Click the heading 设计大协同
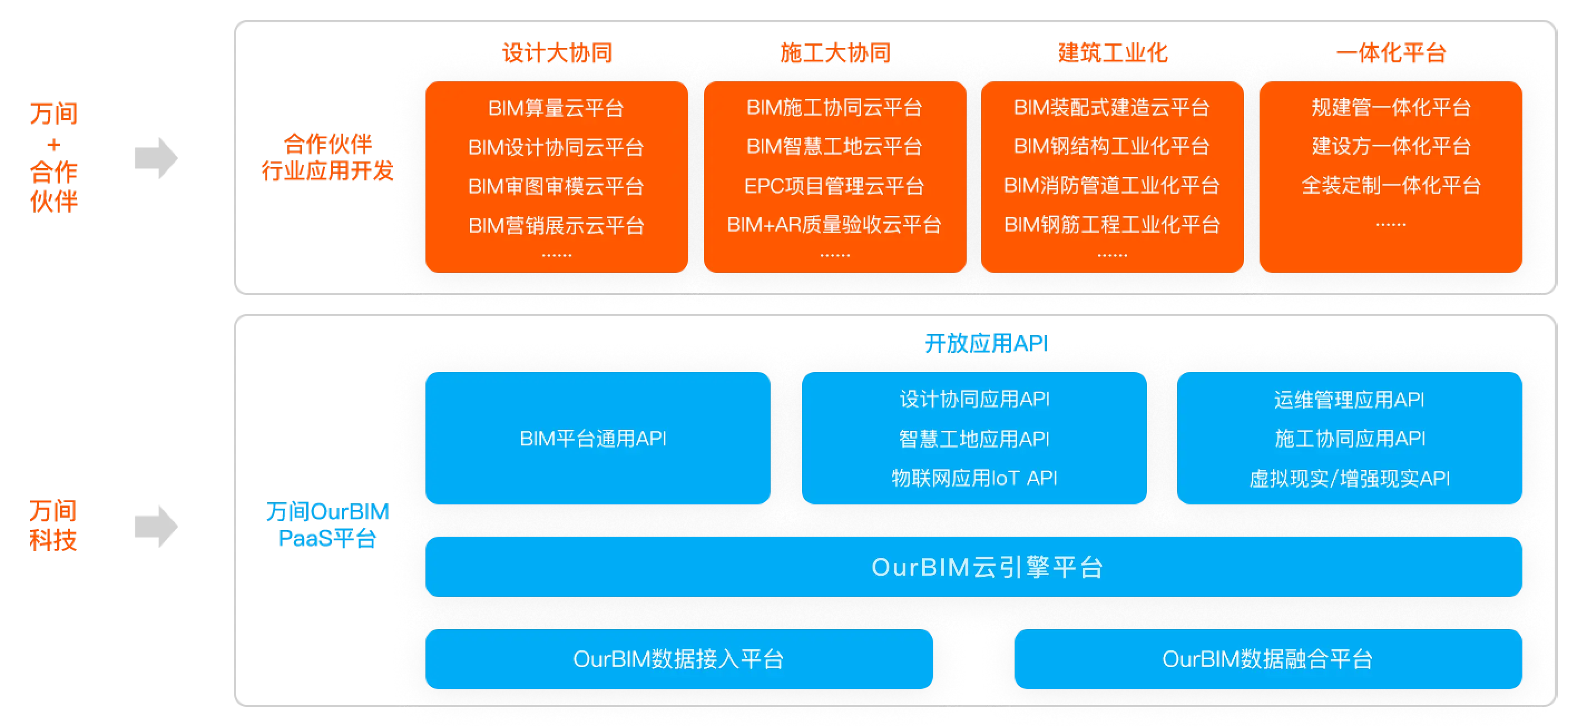(x=557, y=53)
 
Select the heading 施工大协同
(x=835, y=53)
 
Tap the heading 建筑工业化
(x=1113, y=53)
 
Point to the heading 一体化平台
(x=1391, y=53)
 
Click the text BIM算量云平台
(x=556, y=109)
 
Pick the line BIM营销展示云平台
(x=556, y=226)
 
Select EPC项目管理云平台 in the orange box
(x=834, y=186)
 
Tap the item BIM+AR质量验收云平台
(x=834, y=225)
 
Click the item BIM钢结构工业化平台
(x=1112, y=146)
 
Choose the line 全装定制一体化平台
(x=1391, y=185)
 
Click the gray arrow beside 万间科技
(x=156, y=527)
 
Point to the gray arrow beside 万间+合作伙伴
(x=156, y=158)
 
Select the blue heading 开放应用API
(x=986, y=344)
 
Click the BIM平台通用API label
(x=593, y=438)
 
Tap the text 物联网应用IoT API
(x=974, y=478)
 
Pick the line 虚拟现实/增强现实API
(x=1350, y=478)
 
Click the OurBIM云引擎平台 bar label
(x=987, y=567)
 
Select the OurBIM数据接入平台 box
(x=679, y=659)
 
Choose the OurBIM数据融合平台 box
(x=1268, y=659)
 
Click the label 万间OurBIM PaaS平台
(x=328, y=524)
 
